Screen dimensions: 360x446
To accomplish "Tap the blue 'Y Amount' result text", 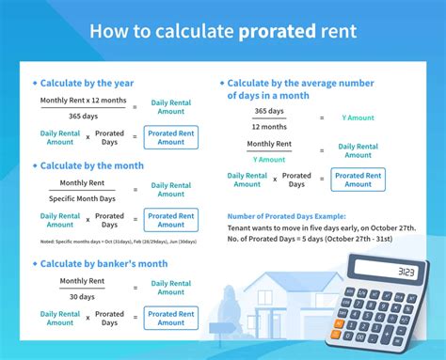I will (x=358, y=117).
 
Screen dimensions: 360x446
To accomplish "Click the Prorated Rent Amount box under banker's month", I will (x=171, y=318).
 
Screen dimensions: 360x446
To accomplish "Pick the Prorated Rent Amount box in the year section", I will (x=171, y=137).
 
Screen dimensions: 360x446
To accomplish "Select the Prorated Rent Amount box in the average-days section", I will (x=358, y=180).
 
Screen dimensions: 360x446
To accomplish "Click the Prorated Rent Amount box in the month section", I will (x=171, y=220).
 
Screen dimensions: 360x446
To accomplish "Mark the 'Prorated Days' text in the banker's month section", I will (x=109, y=318).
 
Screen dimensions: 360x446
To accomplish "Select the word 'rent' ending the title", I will (x=336, y=31).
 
